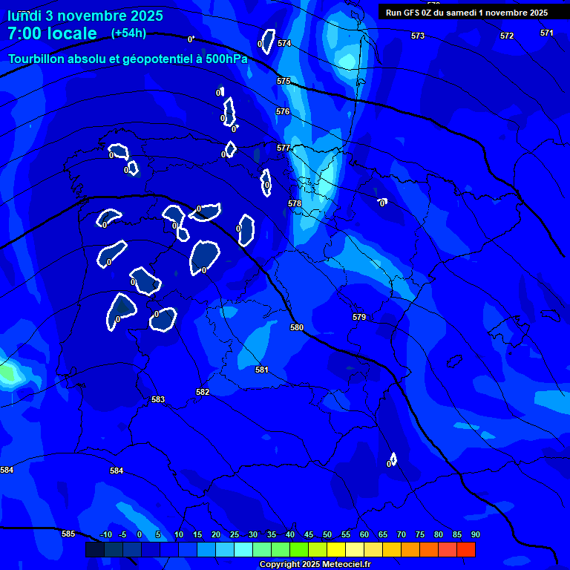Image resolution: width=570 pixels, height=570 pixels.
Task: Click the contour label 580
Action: point(297,327)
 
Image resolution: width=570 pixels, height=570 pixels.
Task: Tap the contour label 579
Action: point(359,317)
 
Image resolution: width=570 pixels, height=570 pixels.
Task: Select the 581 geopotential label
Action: point(262,370)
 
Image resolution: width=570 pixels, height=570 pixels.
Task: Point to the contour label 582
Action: point(203,392)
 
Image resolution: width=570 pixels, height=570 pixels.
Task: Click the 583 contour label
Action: point(158,399)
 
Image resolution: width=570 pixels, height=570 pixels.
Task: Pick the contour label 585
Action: point(68,534)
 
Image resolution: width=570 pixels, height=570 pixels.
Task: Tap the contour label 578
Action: point(295,203)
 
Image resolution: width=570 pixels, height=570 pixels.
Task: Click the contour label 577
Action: point(283,148)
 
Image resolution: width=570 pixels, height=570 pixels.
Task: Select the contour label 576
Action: point(283,111)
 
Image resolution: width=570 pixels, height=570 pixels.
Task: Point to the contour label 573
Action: point(418,36)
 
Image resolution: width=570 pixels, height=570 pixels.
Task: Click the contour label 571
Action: point(547,33)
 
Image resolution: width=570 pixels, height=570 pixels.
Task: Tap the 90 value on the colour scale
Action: point(475,534)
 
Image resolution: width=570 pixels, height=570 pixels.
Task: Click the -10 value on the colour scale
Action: point(105,534)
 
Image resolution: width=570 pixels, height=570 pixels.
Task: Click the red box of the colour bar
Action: point(466,549)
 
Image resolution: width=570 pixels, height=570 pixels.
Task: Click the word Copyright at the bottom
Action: point(280,565)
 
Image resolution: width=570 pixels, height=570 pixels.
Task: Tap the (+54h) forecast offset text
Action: point(128,33)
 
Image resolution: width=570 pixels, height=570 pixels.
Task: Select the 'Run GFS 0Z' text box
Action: point(467,13)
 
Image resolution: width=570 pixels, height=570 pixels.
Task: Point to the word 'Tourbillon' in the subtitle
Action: point(37,59)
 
